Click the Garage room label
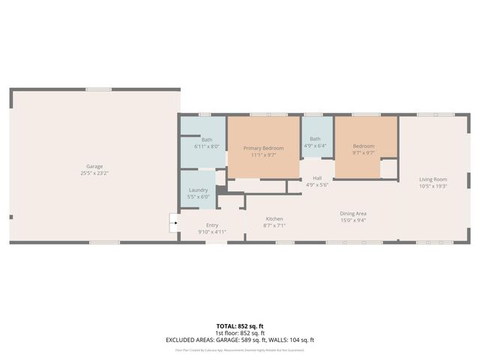pyautogui.click(x=94, y=166)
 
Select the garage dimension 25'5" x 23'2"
pyautogui.click(x=94, y=172)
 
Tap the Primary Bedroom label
pyautogui.click(x=263, y=148)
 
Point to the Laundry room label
pyautogui.click(x=198, y=190)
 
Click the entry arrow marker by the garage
pyautogui.click(x=173, y=222)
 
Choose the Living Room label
pyautogui.click(x=433, y=179)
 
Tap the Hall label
pyautogui.click(x=317, y=178)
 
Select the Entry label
pyautogui.click(x=211, y=225)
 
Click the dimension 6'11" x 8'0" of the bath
pyautogui.click(x=207, y=146)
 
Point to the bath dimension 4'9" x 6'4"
pyautogui.click(x=315, y=145)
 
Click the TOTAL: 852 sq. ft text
pyautogui.click(x=240, y=325)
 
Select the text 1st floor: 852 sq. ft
pyautogui.click(x=240, y=332)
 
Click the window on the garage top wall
pyautogui.click(x=98, y=89)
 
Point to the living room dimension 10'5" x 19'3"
pyautogui.click(x=433, y=186)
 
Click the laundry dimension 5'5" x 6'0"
pyautogui.click(x=198, y=196)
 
